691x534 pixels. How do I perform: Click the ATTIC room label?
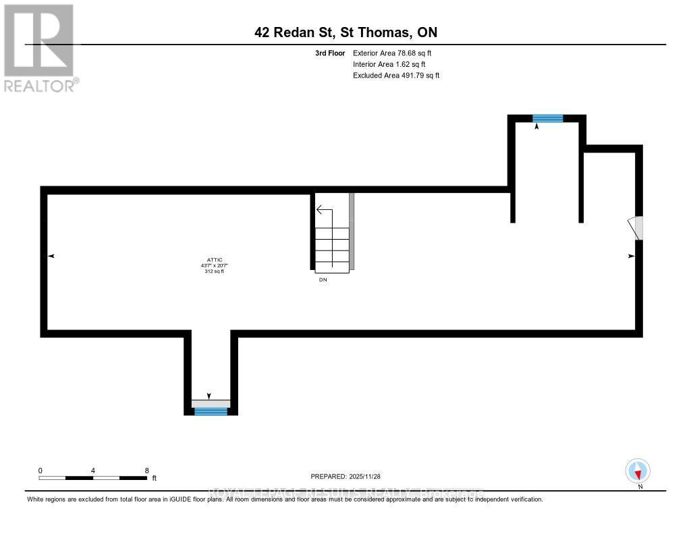point(215,259)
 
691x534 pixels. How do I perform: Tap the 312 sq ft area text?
point(215,271)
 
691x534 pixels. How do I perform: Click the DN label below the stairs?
point(323,279)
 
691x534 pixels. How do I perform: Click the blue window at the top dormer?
point(547,118)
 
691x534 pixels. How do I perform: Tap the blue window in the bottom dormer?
point(211,411)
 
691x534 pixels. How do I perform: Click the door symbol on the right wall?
point(636,228)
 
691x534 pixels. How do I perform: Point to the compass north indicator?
point(638,471)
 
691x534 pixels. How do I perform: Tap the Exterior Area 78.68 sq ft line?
point(396,53)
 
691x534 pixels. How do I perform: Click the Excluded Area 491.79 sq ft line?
point(396,76)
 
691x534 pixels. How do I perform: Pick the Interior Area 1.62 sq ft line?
point(389,64)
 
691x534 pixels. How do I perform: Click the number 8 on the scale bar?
point(146,470)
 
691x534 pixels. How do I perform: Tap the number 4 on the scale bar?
point(93,470)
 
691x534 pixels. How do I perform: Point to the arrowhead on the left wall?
point(52,256)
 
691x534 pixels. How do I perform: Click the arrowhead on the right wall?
point(632,256)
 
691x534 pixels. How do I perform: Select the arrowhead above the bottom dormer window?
point(209,396)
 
